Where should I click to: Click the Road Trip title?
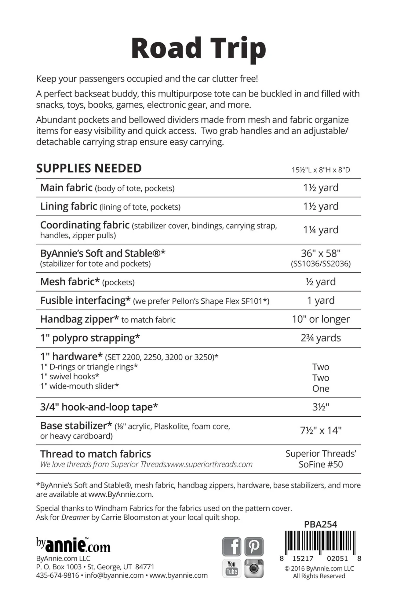pos(198,48)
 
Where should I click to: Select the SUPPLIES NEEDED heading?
pos(89,168)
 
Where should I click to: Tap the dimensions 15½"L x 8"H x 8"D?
pos(321,170)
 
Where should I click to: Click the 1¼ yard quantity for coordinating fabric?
pos(321,230)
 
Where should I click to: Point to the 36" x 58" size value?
pos(321,253)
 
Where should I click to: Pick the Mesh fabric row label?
pos(70,282)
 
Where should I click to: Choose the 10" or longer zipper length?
pos(321,319)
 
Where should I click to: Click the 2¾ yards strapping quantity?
pos(321,338)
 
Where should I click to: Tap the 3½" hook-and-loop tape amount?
pos(321,407)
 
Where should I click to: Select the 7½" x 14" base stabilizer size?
pos(321,430)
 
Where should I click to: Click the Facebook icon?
pos(231,546)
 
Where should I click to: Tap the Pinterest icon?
pos(254,546)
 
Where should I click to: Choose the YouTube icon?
pos(231,568)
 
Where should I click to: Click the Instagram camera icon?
pos(254,568)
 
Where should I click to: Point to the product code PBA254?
pos(321,524)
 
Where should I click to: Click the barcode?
pos(320,543)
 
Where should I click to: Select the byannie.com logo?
pos(73,545)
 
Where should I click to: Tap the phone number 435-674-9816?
pos(57,576)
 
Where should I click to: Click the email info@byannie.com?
pos(114,576)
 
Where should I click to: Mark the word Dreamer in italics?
pos(75,517)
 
